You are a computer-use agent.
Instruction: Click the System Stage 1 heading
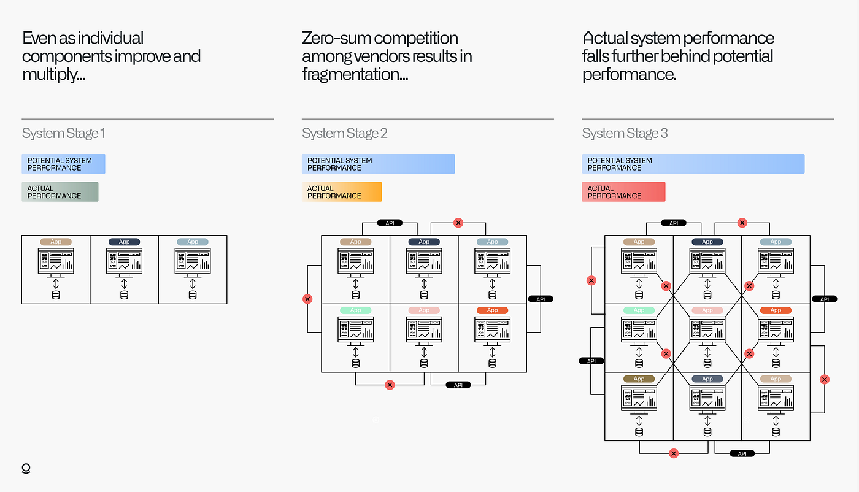click(63, 134)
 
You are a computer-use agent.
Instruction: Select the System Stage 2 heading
click(344, 134)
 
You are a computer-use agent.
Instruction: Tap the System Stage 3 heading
click(625, 134)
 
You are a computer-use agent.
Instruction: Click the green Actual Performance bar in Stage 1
click(60, 192)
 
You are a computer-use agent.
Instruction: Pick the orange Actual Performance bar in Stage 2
click(342, 192)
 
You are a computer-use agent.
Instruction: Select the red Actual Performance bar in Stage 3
click(623, 192)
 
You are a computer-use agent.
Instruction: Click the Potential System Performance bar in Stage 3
click(693, 164)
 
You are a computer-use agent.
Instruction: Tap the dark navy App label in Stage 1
click(124, 242)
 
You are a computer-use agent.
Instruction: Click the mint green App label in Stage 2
click(355, 310)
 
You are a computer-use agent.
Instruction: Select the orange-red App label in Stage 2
click(492, 310)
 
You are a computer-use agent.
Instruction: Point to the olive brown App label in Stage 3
click(639, 379)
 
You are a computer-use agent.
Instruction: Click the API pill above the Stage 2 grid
click(390, 223)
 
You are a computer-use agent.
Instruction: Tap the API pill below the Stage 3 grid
click(742, 453)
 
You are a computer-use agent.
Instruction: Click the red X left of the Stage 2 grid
click(307, 299)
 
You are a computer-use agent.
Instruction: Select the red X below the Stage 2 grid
click(390, 385)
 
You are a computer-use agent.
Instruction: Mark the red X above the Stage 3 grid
click(742, 223)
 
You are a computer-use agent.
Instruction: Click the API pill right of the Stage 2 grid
click(541, 299)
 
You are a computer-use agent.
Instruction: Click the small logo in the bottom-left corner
click(26, 469)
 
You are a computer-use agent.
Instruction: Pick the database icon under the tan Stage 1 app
click(56, 295)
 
